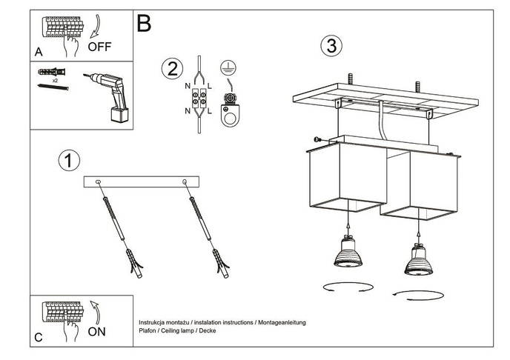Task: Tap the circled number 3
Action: click(331, 45)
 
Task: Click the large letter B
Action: click(144, 24)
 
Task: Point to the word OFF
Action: click(99, 47)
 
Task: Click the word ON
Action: click(96, 332)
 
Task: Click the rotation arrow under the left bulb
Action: click(345, 286)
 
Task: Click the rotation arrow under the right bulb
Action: click(420, 295)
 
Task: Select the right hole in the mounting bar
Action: click(184, 181)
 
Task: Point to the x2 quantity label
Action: click(55, 79)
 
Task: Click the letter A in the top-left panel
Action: click(38, 52)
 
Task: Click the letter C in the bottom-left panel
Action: click(38, 337)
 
